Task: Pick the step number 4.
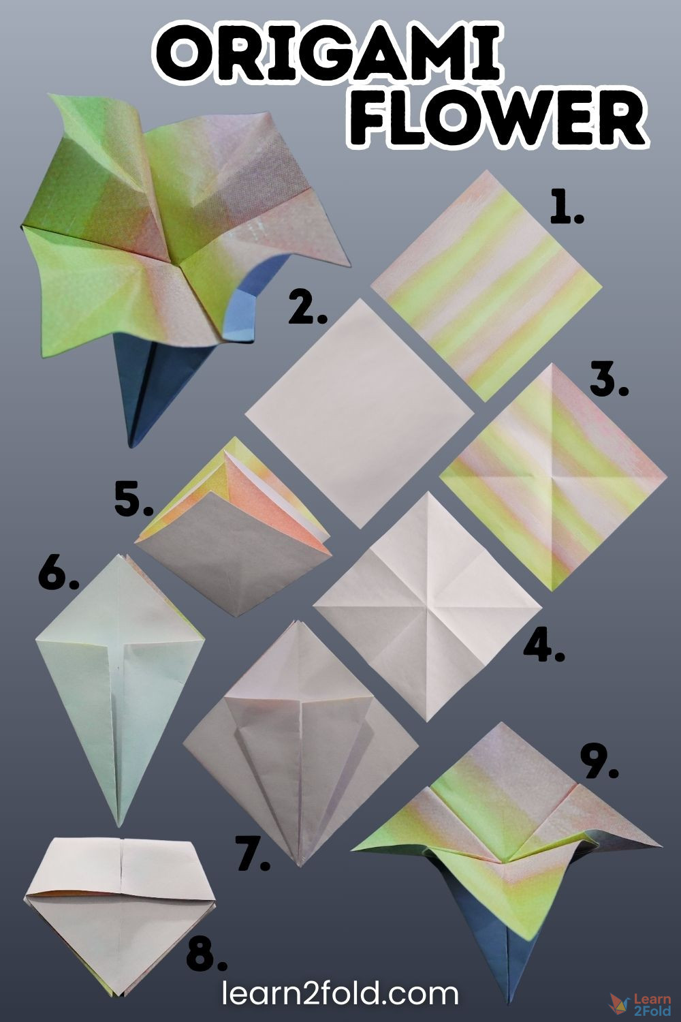543,645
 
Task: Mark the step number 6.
59,572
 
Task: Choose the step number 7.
252,852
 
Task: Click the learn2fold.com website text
340,993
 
